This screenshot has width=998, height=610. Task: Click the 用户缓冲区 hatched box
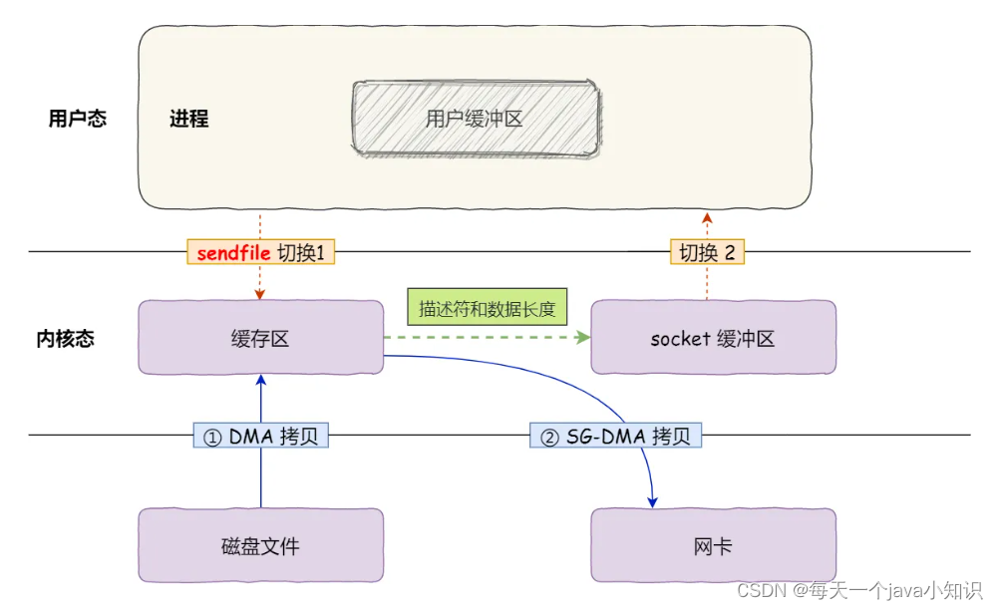point(476,119)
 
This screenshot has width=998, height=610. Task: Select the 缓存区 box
point(260,338)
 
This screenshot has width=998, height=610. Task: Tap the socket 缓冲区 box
point(712,338)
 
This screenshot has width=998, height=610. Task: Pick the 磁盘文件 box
point(260,545)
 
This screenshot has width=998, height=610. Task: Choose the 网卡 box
point(712,545)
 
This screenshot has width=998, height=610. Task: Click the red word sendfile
point(233,252)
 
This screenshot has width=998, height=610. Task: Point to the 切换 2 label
point(707,252)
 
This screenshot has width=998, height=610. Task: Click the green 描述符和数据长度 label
point(486,308)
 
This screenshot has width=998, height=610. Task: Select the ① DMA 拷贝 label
point(260,436)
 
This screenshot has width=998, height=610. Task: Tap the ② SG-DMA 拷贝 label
point(614,436)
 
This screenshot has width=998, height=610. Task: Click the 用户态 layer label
point(77,119)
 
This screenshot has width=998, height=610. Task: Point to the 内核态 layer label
point(66,338)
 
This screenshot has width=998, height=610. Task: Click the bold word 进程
point(188,119)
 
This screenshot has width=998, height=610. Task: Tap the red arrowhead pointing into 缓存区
point(260,295)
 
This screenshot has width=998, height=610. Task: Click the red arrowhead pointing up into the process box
point(707,216)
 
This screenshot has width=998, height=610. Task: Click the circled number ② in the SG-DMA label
point(548,436)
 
